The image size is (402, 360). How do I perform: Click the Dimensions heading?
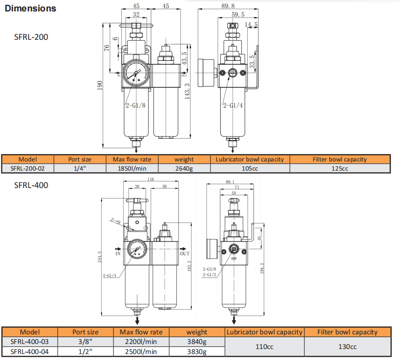pyautogui.click(x=31, y=8)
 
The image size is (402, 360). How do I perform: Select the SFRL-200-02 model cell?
pyautogui.click(x=27, y=168)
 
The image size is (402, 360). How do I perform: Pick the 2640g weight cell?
pyautogui.click(x=184, y=168)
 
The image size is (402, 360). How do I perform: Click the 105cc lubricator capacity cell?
pyautogui.click(x=250, y=168)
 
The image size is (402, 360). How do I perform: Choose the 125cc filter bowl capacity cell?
pyautogui.click(x=340, y=168)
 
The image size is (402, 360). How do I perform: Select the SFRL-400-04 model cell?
pyautogui.click(x=29, y=351)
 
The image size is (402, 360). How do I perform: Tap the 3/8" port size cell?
pyautogui.click(x=86, y=342)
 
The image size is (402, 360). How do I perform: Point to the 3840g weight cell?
pyautogui.click(x=197, y=342)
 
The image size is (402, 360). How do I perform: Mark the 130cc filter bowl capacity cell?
pyautogui.click(x=348, y=347)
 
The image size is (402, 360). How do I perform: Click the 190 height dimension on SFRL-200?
pyautogui.click(x=100, y=86)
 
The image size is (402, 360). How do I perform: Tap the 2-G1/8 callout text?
pyautogui.click(x=136, y=105)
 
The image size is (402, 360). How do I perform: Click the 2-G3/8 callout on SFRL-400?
pyautogui.click(x=209, y=269)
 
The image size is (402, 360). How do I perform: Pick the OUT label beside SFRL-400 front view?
pyautogui.click(x=185, y=253)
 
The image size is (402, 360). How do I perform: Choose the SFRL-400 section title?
pyautogui.click(x=31, y=185)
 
